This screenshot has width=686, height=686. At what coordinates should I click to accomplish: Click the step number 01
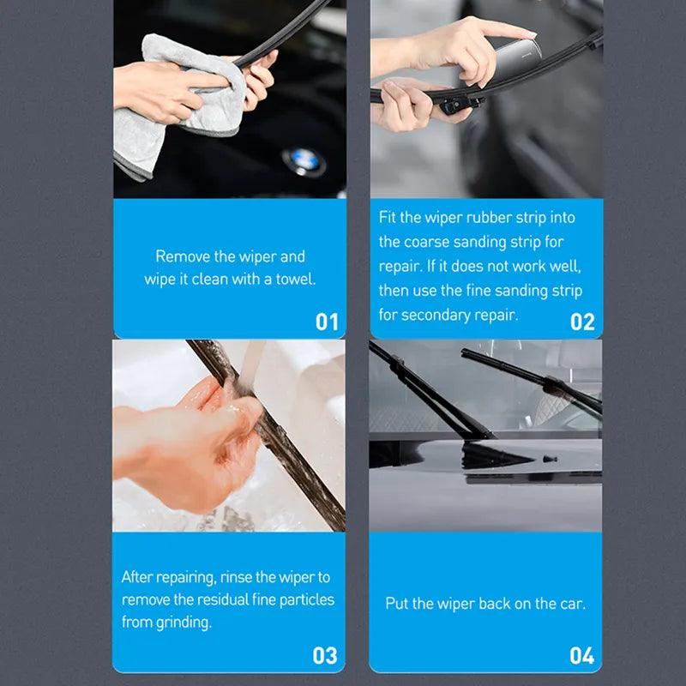click(327, 322)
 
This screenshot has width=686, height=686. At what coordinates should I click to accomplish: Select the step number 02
click(582, 322)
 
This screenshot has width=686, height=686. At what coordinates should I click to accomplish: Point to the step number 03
click(325, 656)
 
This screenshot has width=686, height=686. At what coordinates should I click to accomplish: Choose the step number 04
click(581, 656)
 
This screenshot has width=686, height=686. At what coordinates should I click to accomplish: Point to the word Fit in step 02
click(388, 218)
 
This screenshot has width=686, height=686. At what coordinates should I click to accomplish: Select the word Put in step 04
click(396, 604)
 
